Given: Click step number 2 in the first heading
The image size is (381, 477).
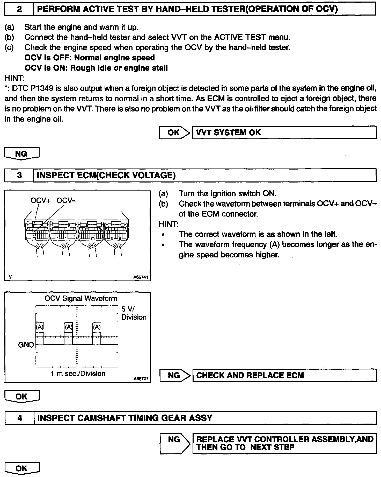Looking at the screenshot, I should click(19, 9).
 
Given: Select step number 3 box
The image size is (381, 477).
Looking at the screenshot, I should click(19, 176).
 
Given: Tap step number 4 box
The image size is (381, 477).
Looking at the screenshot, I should click(20, 418).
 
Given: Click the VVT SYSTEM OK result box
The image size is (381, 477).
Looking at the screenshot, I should click(284, 132).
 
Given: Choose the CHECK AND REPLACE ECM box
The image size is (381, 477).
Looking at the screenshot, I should click(284, 375).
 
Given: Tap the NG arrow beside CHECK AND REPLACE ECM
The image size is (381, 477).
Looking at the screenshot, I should click(175, 375).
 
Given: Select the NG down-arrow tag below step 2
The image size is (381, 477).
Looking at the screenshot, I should click(22, 154).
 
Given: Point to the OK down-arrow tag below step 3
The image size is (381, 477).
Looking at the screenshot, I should click(22, 396).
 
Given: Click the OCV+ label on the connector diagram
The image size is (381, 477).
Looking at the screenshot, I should click(40, 201).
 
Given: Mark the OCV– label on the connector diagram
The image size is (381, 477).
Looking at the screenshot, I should click(67, 201).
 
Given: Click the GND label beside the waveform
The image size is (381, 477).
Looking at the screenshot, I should click(26, 345).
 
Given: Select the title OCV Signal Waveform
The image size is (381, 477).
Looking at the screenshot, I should click(81, 298).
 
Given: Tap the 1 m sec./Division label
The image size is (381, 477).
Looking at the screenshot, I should click(78, 374).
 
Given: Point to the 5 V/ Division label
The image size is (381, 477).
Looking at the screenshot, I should click(134, 313).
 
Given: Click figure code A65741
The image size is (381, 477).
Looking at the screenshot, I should click(141, 277).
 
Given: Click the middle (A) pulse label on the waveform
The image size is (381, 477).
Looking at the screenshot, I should click(68, 327).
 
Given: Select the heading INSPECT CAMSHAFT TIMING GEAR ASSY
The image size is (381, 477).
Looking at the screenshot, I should click(125, 418).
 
